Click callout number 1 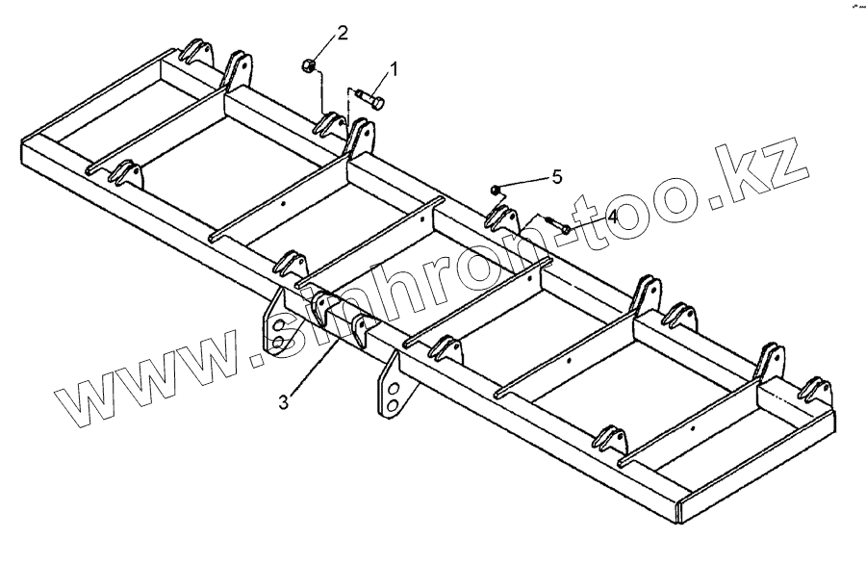[x=393, y=69]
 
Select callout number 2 [x=342, y=33]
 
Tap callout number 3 [x=283, y=402]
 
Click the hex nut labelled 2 [x=309, y=65]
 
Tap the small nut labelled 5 [x=494, y=189]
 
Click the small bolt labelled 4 [x=557, y=225]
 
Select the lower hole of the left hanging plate [x=278, y=342]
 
